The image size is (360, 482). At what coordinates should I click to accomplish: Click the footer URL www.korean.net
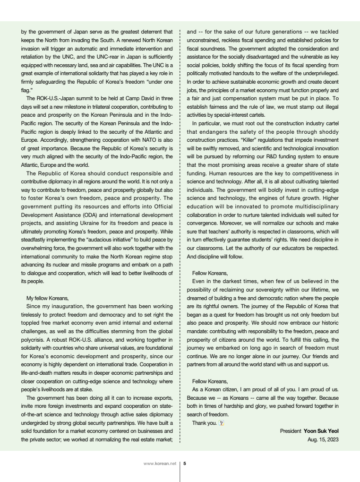[160, 464]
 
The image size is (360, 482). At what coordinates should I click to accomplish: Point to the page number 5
[185, 464]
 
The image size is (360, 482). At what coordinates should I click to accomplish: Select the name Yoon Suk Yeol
[321, 431]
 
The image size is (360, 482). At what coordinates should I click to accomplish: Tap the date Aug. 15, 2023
[323, 439]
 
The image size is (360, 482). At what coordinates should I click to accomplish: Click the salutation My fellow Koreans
[48, 298]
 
